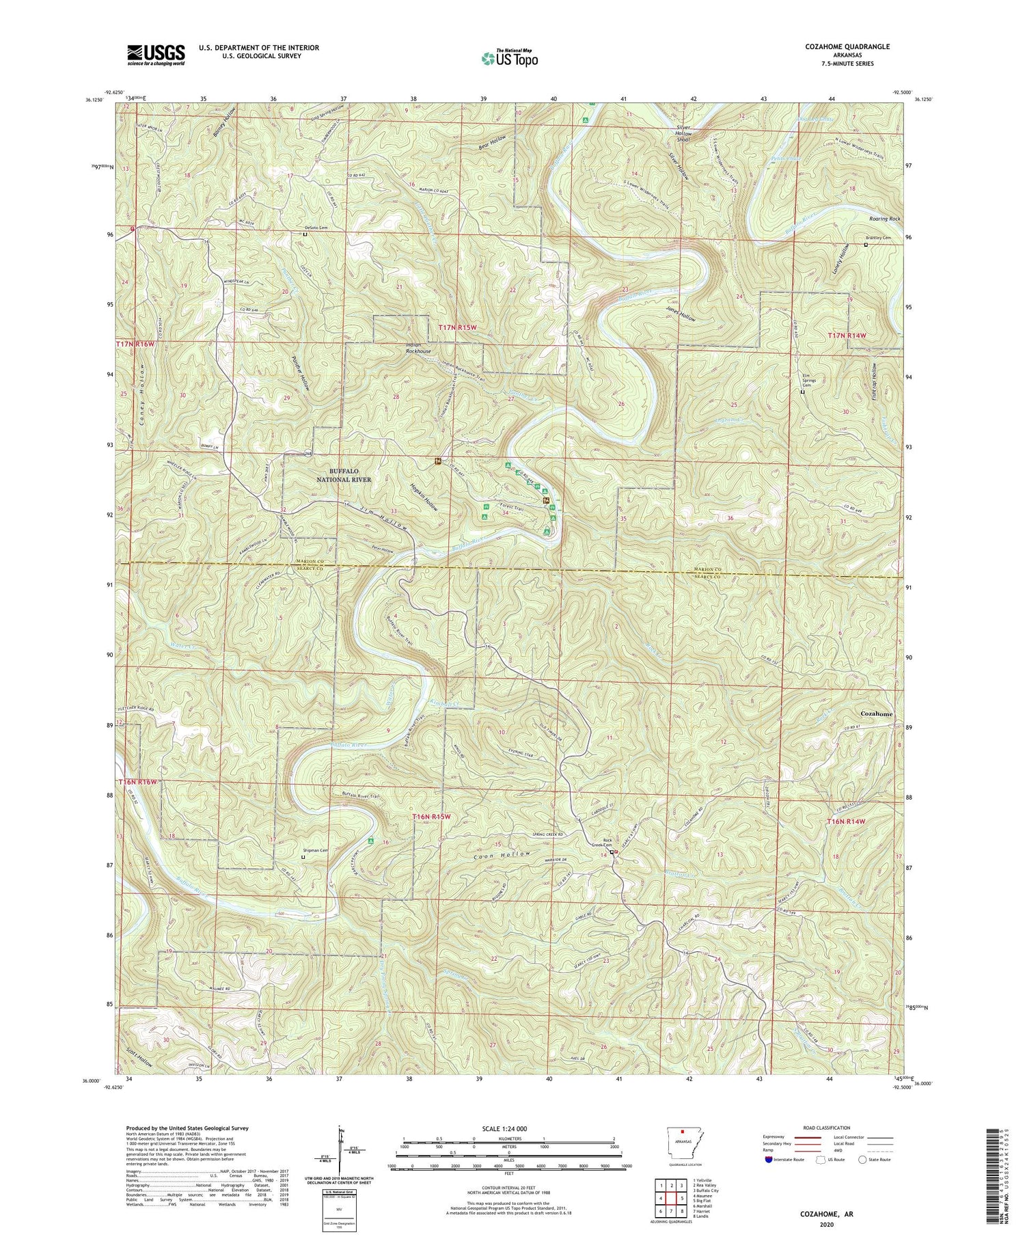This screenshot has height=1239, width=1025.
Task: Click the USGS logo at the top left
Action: point(156,55)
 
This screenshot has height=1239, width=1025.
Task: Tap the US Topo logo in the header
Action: point(508,58)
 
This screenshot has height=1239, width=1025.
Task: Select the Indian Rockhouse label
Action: point(418,348)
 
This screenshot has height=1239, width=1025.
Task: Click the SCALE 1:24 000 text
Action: point(508,1128)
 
